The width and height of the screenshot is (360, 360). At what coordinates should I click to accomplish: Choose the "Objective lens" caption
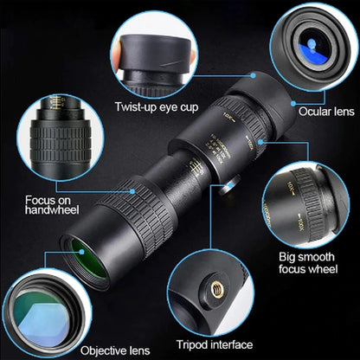pos(112,350)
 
